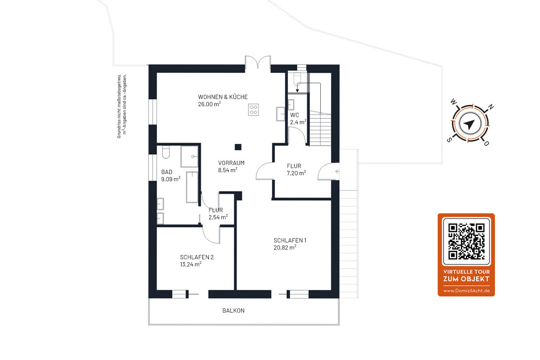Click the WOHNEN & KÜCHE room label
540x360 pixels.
click(223, 97)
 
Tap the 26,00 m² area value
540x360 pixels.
click(209, 104)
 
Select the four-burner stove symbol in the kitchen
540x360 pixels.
click(253, 110)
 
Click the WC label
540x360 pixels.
click(294, 115)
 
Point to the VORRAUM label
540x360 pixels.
click(231, 163)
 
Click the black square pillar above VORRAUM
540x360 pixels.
click(238, 147)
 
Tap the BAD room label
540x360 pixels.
click(166, 172)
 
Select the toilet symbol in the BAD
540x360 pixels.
click(166, 152)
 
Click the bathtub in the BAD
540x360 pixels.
click(192, 187)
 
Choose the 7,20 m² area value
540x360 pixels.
click(296, 173)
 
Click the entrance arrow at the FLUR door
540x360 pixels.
click(337, 171)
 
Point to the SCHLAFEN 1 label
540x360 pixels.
click(290, 240)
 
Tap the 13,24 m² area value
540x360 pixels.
click(191, 264)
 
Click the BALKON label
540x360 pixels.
click(234, 310)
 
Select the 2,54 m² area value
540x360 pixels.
click(218, 217)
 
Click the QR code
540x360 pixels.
click(467, 241)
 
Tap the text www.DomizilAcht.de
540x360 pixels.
click(467, 291)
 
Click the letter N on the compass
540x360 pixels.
click(490, 107)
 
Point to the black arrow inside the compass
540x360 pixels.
click(469, 124)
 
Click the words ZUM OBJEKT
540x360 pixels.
click(466, 279)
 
